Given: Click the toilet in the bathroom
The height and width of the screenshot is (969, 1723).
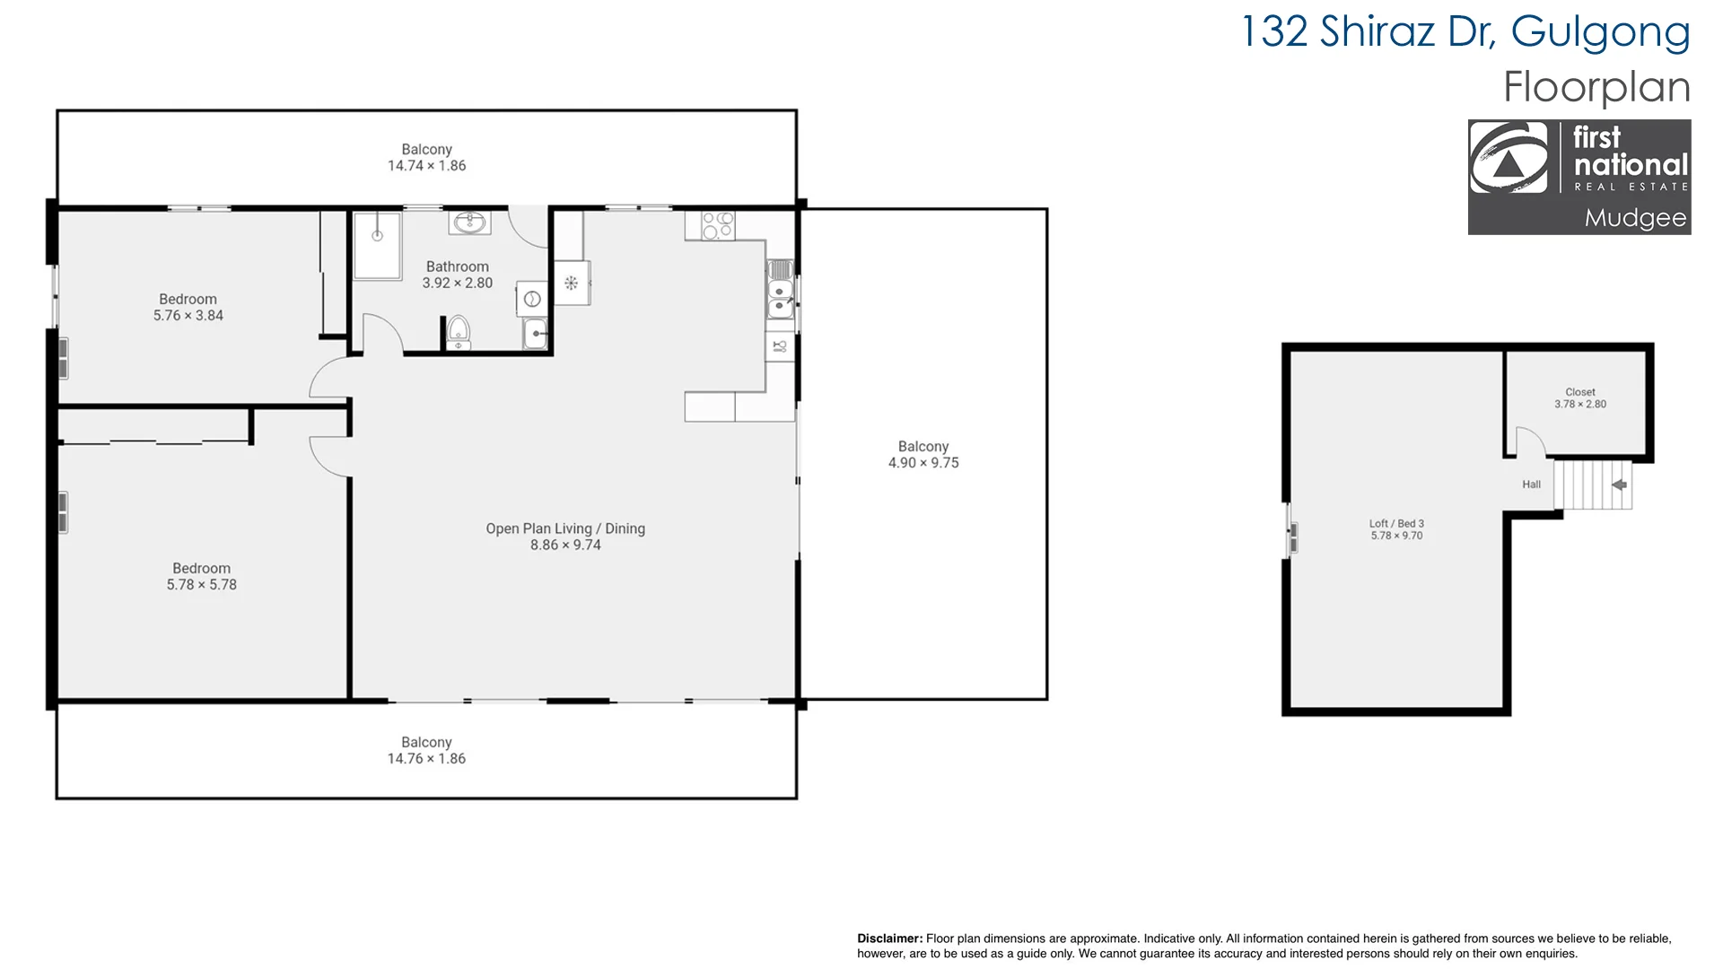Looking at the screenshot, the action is point(459,332).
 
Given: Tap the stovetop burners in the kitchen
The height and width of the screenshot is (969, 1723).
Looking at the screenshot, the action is point(718,225).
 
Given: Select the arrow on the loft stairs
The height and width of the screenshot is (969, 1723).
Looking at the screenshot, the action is point(1619,485).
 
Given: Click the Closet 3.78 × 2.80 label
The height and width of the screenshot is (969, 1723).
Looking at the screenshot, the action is point(1580,398).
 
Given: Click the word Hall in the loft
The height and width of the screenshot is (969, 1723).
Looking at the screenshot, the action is point(1531,484).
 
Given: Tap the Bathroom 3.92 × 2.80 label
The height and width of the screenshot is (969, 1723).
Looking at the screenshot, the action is point(458,275).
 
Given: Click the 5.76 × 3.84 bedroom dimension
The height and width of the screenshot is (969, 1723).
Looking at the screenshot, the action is point(188,316).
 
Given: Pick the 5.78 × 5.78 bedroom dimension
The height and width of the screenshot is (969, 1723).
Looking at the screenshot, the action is point(202,585).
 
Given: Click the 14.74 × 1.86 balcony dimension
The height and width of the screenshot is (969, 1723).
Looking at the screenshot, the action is point(427,166).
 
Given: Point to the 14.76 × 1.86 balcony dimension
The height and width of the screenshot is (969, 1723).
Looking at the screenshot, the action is point(426,759).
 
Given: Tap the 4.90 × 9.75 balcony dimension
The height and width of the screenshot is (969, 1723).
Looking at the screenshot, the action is point(923,463).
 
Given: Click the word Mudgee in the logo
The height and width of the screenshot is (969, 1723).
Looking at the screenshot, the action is point(1635,218).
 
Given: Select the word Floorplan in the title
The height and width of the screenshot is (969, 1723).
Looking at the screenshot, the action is point(1596,87).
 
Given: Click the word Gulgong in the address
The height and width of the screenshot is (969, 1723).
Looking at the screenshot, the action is point(1600,33).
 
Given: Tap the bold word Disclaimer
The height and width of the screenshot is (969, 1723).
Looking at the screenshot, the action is point(889,938).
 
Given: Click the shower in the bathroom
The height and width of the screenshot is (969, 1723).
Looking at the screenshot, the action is point(377,245).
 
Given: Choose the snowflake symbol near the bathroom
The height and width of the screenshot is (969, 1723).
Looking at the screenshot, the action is point(571,284).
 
